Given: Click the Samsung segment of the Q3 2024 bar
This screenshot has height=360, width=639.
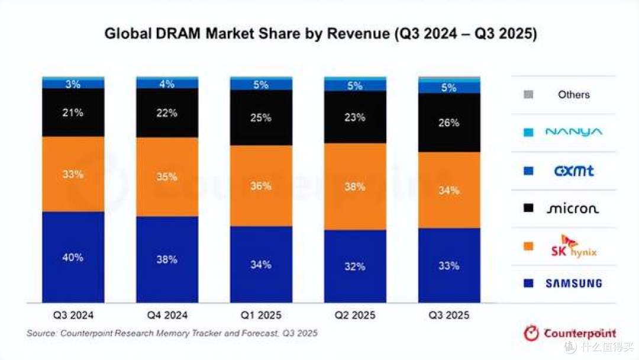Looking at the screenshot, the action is click(73, 257).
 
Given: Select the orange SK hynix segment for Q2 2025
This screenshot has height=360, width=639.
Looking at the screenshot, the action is click(355, 187).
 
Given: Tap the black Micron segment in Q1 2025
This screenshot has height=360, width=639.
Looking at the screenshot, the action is click(262, 118).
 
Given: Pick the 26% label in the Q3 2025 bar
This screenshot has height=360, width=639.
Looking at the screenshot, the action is click(448, 123).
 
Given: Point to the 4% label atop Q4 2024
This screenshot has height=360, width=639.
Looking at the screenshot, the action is click(167, 84).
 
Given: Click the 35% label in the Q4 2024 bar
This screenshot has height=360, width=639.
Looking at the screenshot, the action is click(167, 177).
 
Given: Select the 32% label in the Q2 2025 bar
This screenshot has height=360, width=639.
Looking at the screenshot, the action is click(355, 266).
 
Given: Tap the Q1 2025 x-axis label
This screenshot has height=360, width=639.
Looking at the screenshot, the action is click(262, 315).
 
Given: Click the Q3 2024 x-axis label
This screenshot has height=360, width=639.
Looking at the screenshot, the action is click(73, 315).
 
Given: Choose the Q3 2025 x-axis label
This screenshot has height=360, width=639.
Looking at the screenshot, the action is click(449, 315).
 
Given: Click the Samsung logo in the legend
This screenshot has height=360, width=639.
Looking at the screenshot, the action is click(574, 284).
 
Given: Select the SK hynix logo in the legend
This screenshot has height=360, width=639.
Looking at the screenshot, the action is click(574, 246).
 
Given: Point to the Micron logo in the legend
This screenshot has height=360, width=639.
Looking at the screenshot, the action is click(573, 209).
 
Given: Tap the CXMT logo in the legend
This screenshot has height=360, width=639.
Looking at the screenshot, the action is click(574, 171).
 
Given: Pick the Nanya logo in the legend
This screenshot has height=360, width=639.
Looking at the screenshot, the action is click(574, 132).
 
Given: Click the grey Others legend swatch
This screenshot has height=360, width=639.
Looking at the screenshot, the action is click(528, 95).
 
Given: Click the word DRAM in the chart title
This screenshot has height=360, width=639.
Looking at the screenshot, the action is click(177, 33).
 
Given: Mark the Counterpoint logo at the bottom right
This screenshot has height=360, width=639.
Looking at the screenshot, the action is click(570, 333).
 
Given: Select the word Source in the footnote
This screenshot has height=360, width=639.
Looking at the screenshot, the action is click(41, 333).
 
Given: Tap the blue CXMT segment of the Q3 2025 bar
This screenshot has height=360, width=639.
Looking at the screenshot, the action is click(449, 88).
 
